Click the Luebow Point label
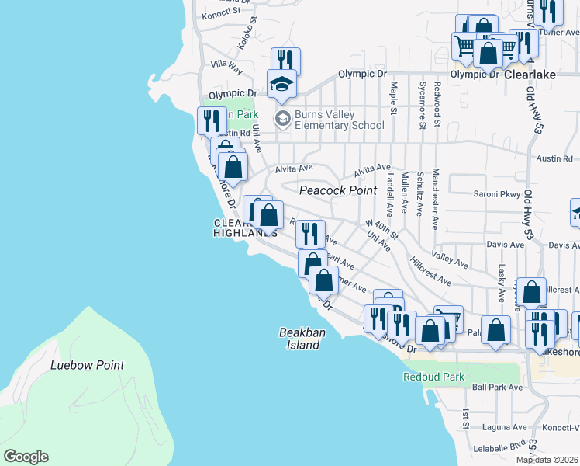pos(87,365)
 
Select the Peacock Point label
pos(338,190)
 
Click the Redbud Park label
pos(433,377)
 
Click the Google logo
pos(26,457)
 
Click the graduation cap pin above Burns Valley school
pos(281,83)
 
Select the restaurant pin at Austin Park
pos(210,121)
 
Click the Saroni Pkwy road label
pos(494,193)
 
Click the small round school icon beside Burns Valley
pos(282,119)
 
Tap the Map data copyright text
pos(547,460)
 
